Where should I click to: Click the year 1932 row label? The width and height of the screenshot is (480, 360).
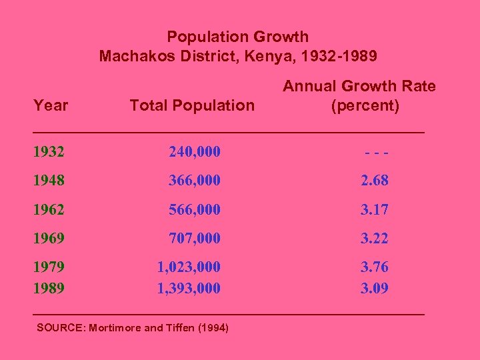pos(49,152)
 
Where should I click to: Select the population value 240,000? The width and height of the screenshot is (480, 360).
pos(195,152)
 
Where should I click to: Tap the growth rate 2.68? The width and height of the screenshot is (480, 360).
pos(375,181)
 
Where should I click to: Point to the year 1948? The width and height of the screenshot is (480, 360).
pos(49,181)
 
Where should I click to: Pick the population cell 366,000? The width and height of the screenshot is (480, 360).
pos(195,181)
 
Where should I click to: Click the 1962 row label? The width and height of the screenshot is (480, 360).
pos(49,209)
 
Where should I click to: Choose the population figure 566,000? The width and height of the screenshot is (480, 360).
pos(195,209)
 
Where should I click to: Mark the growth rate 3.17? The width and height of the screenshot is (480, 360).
pos(375,209)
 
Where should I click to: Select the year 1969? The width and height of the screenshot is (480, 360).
pos(49,238)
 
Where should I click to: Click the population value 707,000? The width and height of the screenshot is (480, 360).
pos(195,238)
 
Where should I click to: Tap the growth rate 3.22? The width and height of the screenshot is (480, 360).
pos(375,238)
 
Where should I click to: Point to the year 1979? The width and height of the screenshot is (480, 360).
pos(49,267)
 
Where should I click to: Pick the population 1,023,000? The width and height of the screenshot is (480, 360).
pos(189,267)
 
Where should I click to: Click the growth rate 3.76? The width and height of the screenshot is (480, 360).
pos(375,267)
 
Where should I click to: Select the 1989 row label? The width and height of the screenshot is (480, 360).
pos(49,289)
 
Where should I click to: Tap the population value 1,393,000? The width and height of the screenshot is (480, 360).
pos(189,289)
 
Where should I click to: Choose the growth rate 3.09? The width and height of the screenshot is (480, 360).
pos(375,289)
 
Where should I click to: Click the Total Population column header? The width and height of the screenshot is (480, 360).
pos(192,105)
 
